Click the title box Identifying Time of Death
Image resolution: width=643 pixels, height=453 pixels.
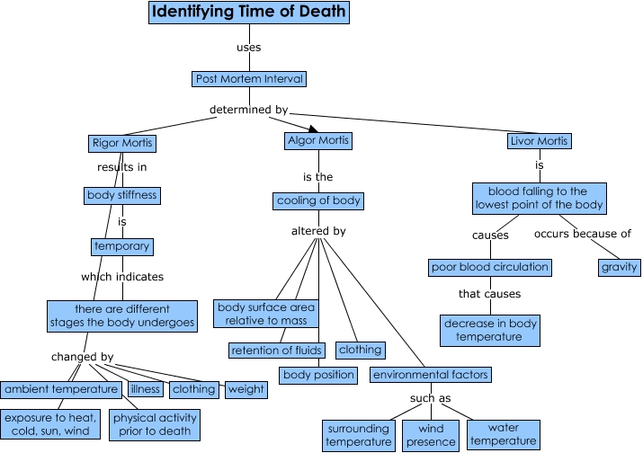[247, 13]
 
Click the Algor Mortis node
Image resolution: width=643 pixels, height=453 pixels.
[317, 140]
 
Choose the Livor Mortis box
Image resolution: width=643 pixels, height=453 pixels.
[540, 141]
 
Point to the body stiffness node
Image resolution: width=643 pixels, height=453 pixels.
[122, 194]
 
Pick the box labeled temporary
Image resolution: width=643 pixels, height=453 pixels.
[121, 245]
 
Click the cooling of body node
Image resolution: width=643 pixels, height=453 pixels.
[319, 200]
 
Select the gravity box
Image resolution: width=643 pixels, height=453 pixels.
[620, 267]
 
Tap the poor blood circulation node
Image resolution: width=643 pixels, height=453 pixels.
[489, 267]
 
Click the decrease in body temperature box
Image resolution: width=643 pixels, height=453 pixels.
[491, 330]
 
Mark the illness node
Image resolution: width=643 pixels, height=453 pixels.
[145, 389]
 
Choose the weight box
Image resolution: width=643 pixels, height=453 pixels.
[246, 389]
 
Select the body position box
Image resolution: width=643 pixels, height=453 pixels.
[319, 374]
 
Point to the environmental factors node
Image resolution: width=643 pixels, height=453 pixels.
[431, 374]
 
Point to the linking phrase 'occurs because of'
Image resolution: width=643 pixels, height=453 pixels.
[583, 235]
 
